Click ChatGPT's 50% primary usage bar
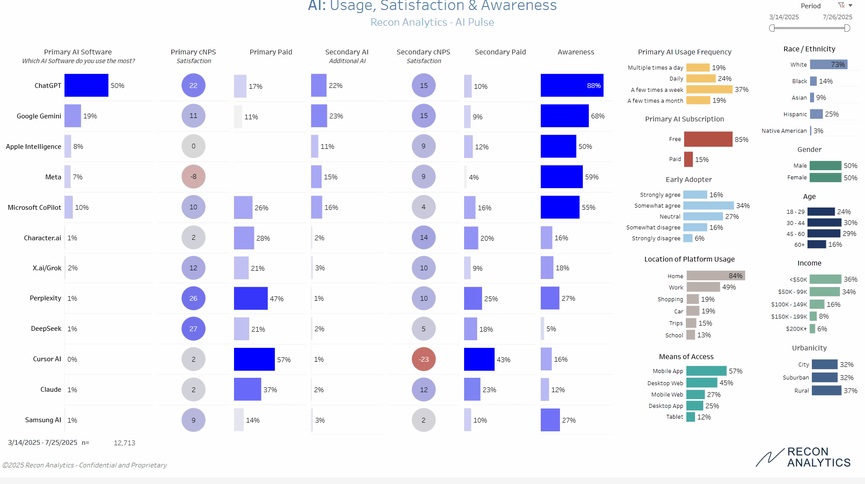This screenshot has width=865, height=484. click(86, 85)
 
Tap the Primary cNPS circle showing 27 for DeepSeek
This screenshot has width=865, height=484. click(193, 329)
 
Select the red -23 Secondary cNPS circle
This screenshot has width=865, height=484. click(424, 359)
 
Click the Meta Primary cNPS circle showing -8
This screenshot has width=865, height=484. click(193, 177)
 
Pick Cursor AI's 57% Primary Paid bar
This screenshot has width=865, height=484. click(254, 359)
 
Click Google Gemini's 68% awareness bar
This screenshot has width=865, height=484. click(564, 116)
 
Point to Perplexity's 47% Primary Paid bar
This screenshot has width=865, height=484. click(251, 298)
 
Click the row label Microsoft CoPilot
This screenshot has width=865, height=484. click(34, 207)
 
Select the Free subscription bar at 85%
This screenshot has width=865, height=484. click(708, 139)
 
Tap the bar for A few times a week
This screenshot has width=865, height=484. click(709, 89)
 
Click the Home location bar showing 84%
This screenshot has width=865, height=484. click(716, 276)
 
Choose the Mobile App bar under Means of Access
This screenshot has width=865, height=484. click(706, 371)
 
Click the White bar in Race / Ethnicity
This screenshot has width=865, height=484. click(828, 64)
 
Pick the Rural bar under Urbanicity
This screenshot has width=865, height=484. click(826, 390)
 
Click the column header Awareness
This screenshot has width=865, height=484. click(576, 52)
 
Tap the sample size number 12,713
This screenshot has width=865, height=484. click(124, 443)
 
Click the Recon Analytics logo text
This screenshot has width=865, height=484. click(818, 457)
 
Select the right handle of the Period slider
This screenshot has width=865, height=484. click(847, 28)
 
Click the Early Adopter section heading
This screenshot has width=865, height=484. click(689, 179)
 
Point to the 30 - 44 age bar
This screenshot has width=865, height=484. click(824, 222)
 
